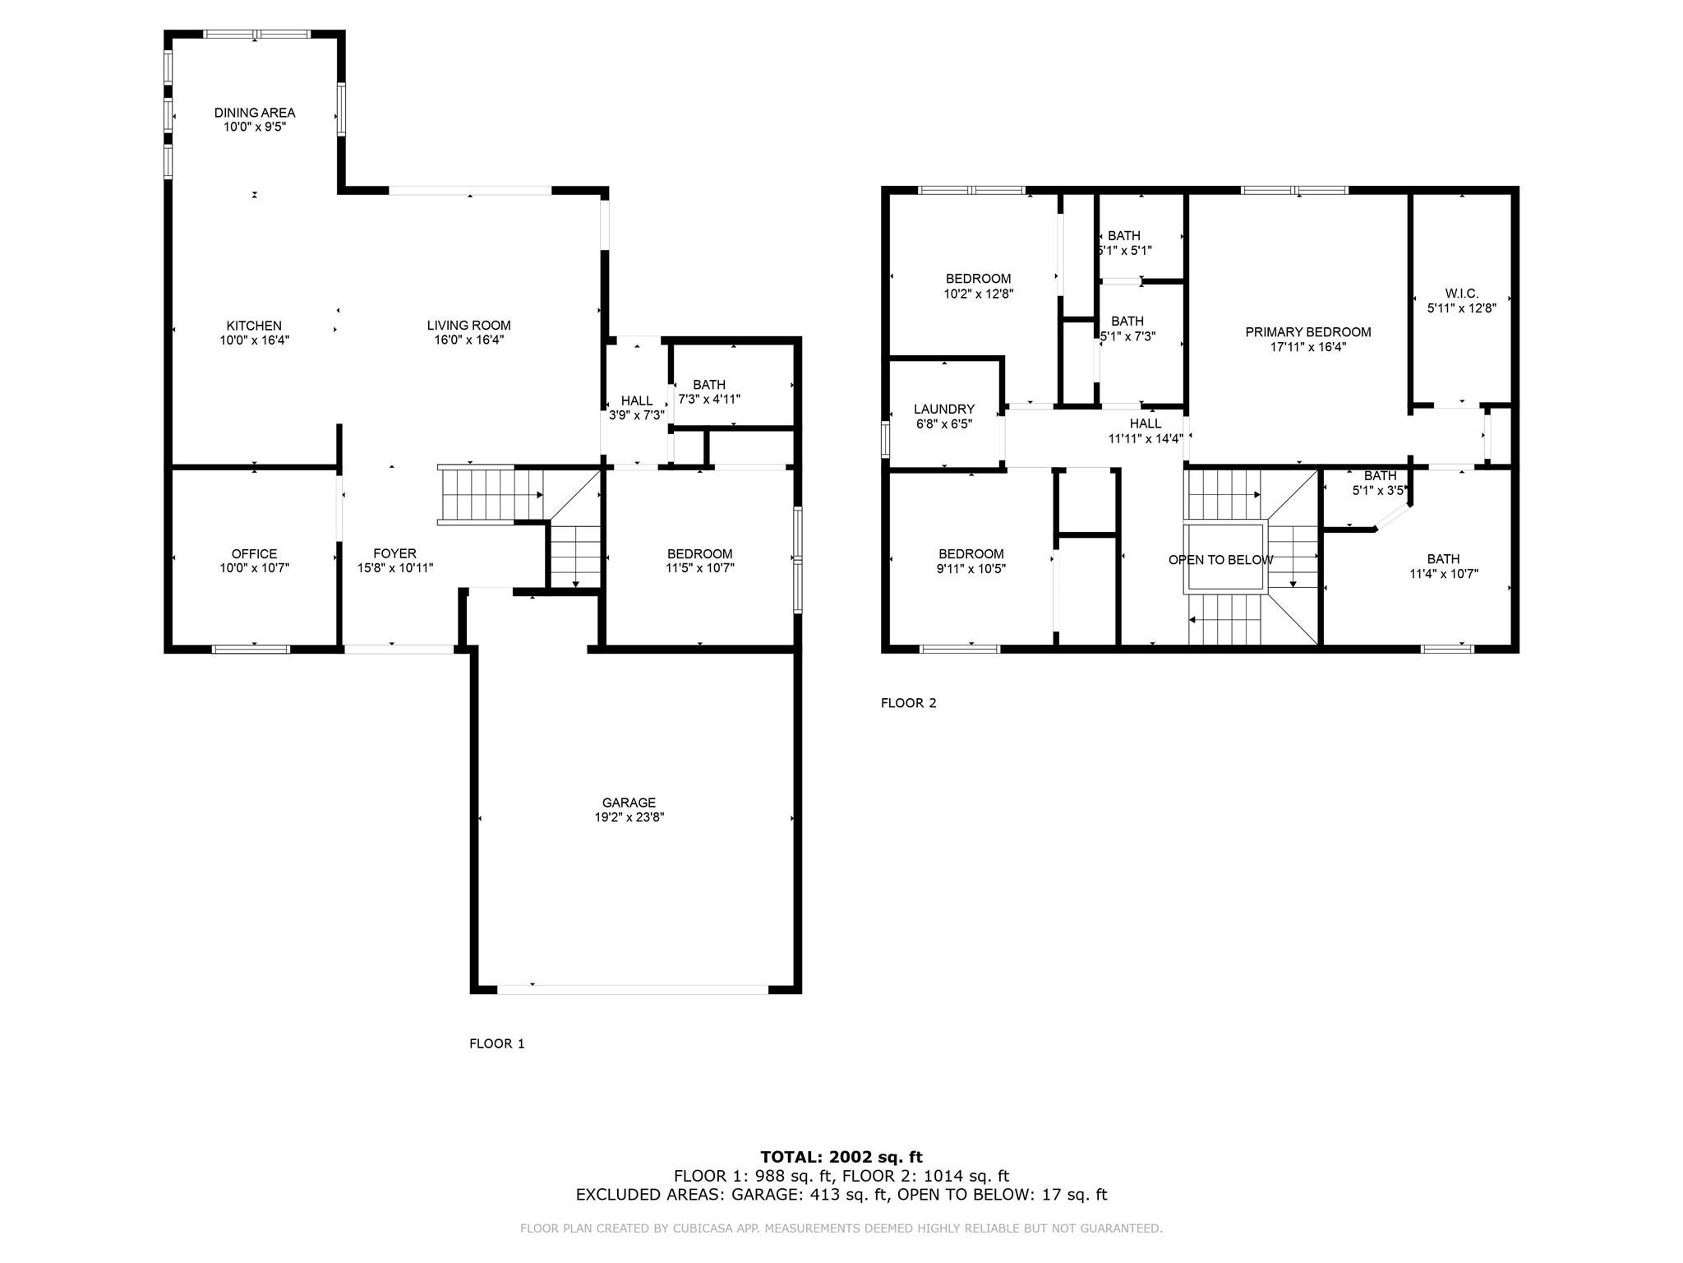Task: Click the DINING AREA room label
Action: tap(254, 113)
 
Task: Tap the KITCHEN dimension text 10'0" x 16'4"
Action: tap(254, 340)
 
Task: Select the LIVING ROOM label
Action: tap(468, 326)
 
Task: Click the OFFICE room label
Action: tap(254, 554)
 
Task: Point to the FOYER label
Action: tap(394, 554)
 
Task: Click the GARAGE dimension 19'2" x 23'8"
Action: tap(629, 817)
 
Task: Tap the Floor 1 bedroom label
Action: tap(699, 554)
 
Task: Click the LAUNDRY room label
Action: tap(944, 409)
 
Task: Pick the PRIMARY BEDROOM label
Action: tap(1307, 332)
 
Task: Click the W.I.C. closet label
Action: tap(1461, 294)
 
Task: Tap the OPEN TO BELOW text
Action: tap(1220, 560)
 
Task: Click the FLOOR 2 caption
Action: tap(908, 703)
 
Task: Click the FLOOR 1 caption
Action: tap(496, 1043)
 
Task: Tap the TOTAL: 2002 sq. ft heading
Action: tap(841, 1157)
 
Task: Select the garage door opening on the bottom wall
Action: tap(633, 989)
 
